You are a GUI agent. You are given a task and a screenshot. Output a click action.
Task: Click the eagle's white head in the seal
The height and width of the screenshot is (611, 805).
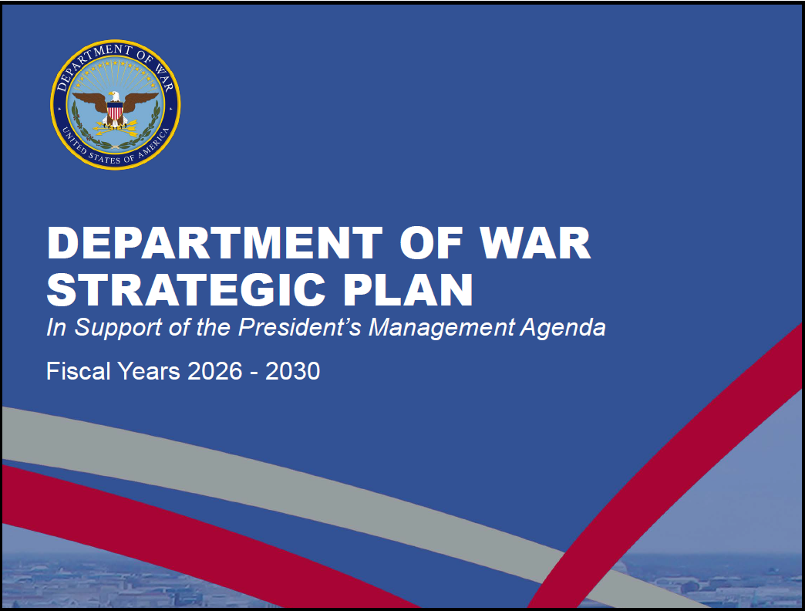(114, 96)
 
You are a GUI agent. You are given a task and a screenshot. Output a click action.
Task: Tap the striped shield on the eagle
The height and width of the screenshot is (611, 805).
(115, 110)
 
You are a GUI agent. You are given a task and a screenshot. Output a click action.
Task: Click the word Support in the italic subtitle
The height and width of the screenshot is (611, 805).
(119, 328)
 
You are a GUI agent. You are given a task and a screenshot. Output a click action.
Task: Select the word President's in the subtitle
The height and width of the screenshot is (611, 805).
(301, 327)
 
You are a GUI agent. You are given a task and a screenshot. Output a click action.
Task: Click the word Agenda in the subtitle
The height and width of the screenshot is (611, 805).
(563, 328)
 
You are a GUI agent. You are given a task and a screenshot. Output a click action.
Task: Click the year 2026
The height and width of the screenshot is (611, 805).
(215, 371)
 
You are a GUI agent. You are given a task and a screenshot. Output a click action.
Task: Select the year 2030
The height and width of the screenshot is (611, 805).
(293, 371)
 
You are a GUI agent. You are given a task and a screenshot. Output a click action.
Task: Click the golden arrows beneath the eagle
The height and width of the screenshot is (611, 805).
(116, 128)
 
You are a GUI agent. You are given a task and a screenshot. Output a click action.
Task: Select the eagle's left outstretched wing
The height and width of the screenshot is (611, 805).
(89, 101)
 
